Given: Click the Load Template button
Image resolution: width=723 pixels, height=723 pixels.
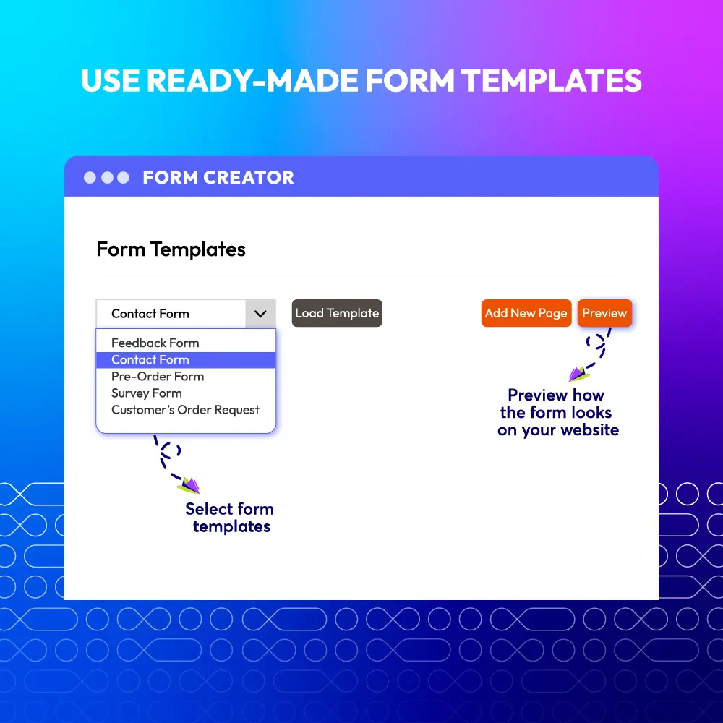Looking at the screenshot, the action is click(337, 313).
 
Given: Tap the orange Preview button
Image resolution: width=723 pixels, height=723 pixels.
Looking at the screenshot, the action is click(604, 313).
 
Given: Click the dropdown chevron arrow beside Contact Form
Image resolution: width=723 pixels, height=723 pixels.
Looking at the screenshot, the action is click(260, 314).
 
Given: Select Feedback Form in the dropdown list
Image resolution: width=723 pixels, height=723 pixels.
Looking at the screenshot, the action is click(155, 343).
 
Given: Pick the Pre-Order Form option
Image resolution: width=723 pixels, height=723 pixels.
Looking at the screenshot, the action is click(158, 376).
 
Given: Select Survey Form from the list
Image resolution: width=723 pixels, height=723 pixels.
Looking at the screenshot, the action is click(147, 393).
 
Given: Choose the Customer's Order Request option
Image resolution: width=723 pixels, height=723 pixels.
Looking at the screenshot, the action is click(185, 410).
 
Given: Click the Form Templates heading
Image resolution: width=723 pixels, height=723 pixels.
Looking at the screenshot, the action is click(171, 249).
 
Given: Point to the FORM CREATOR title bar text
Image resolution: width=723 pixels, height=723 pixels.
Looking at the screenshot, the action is click(218, 178).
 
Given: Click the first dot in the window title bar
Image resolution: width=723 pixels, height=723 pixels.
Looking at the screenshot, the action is click(90, 178).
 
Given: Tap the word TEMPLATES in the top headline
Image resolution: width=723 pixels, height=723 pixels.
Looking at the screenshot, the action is click(552, 81).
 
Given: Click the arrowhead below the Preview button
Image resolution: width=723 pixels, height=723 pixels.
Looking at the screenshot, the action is click(578, 374).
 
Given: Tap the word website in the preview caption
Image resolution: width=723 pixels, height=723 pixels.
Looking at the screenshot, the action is click(590, 429).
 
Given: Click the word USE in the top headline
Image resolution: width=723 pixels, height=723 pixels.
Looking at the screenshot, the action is click(111, 81).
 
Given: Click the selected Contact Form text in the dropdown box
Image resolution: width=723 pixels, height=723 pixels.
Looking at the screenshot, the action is click(150, 314).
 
